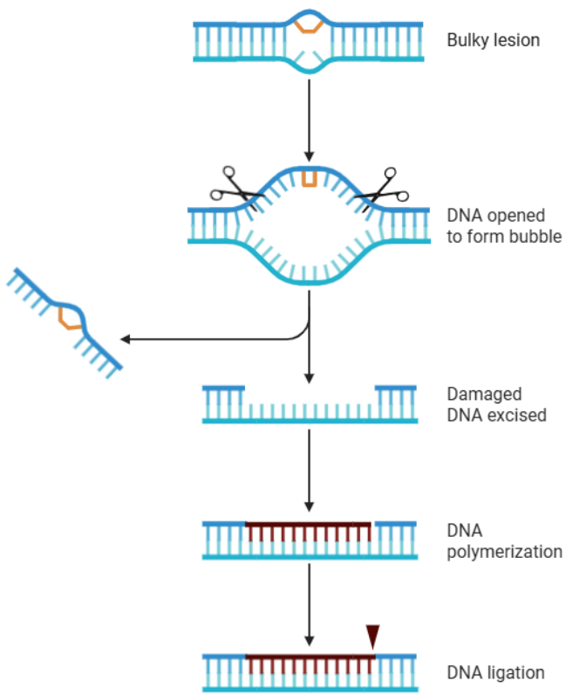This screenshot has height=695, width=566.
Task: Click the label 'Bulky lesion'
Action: coord(493,40)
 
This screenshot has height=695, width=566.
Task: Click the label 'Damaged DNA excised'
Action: coord(496,404)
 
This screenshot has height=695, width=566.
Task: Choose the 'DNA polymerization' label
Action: coord(503,541)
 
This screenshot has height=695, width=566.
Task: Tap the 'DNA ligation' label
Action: coord(495,672)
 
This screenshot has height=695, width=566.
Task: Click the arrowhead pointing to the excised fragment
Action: coord(125,339)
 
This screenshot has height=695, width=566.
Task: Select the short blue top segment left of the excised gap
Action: coord(224,387)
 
